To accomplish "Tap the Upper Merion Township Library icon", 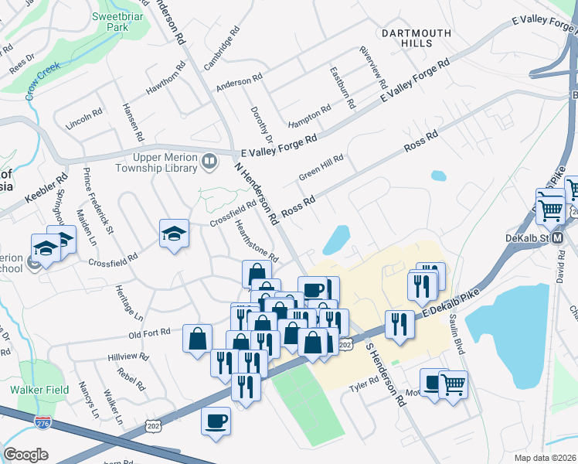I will tap(209, 162).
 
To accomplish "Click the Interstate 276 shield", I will tap(43, 422).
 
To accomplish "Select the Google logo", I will tap(25, 454).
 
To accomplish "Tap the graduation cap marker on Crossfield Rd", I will tap(174, 233).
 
